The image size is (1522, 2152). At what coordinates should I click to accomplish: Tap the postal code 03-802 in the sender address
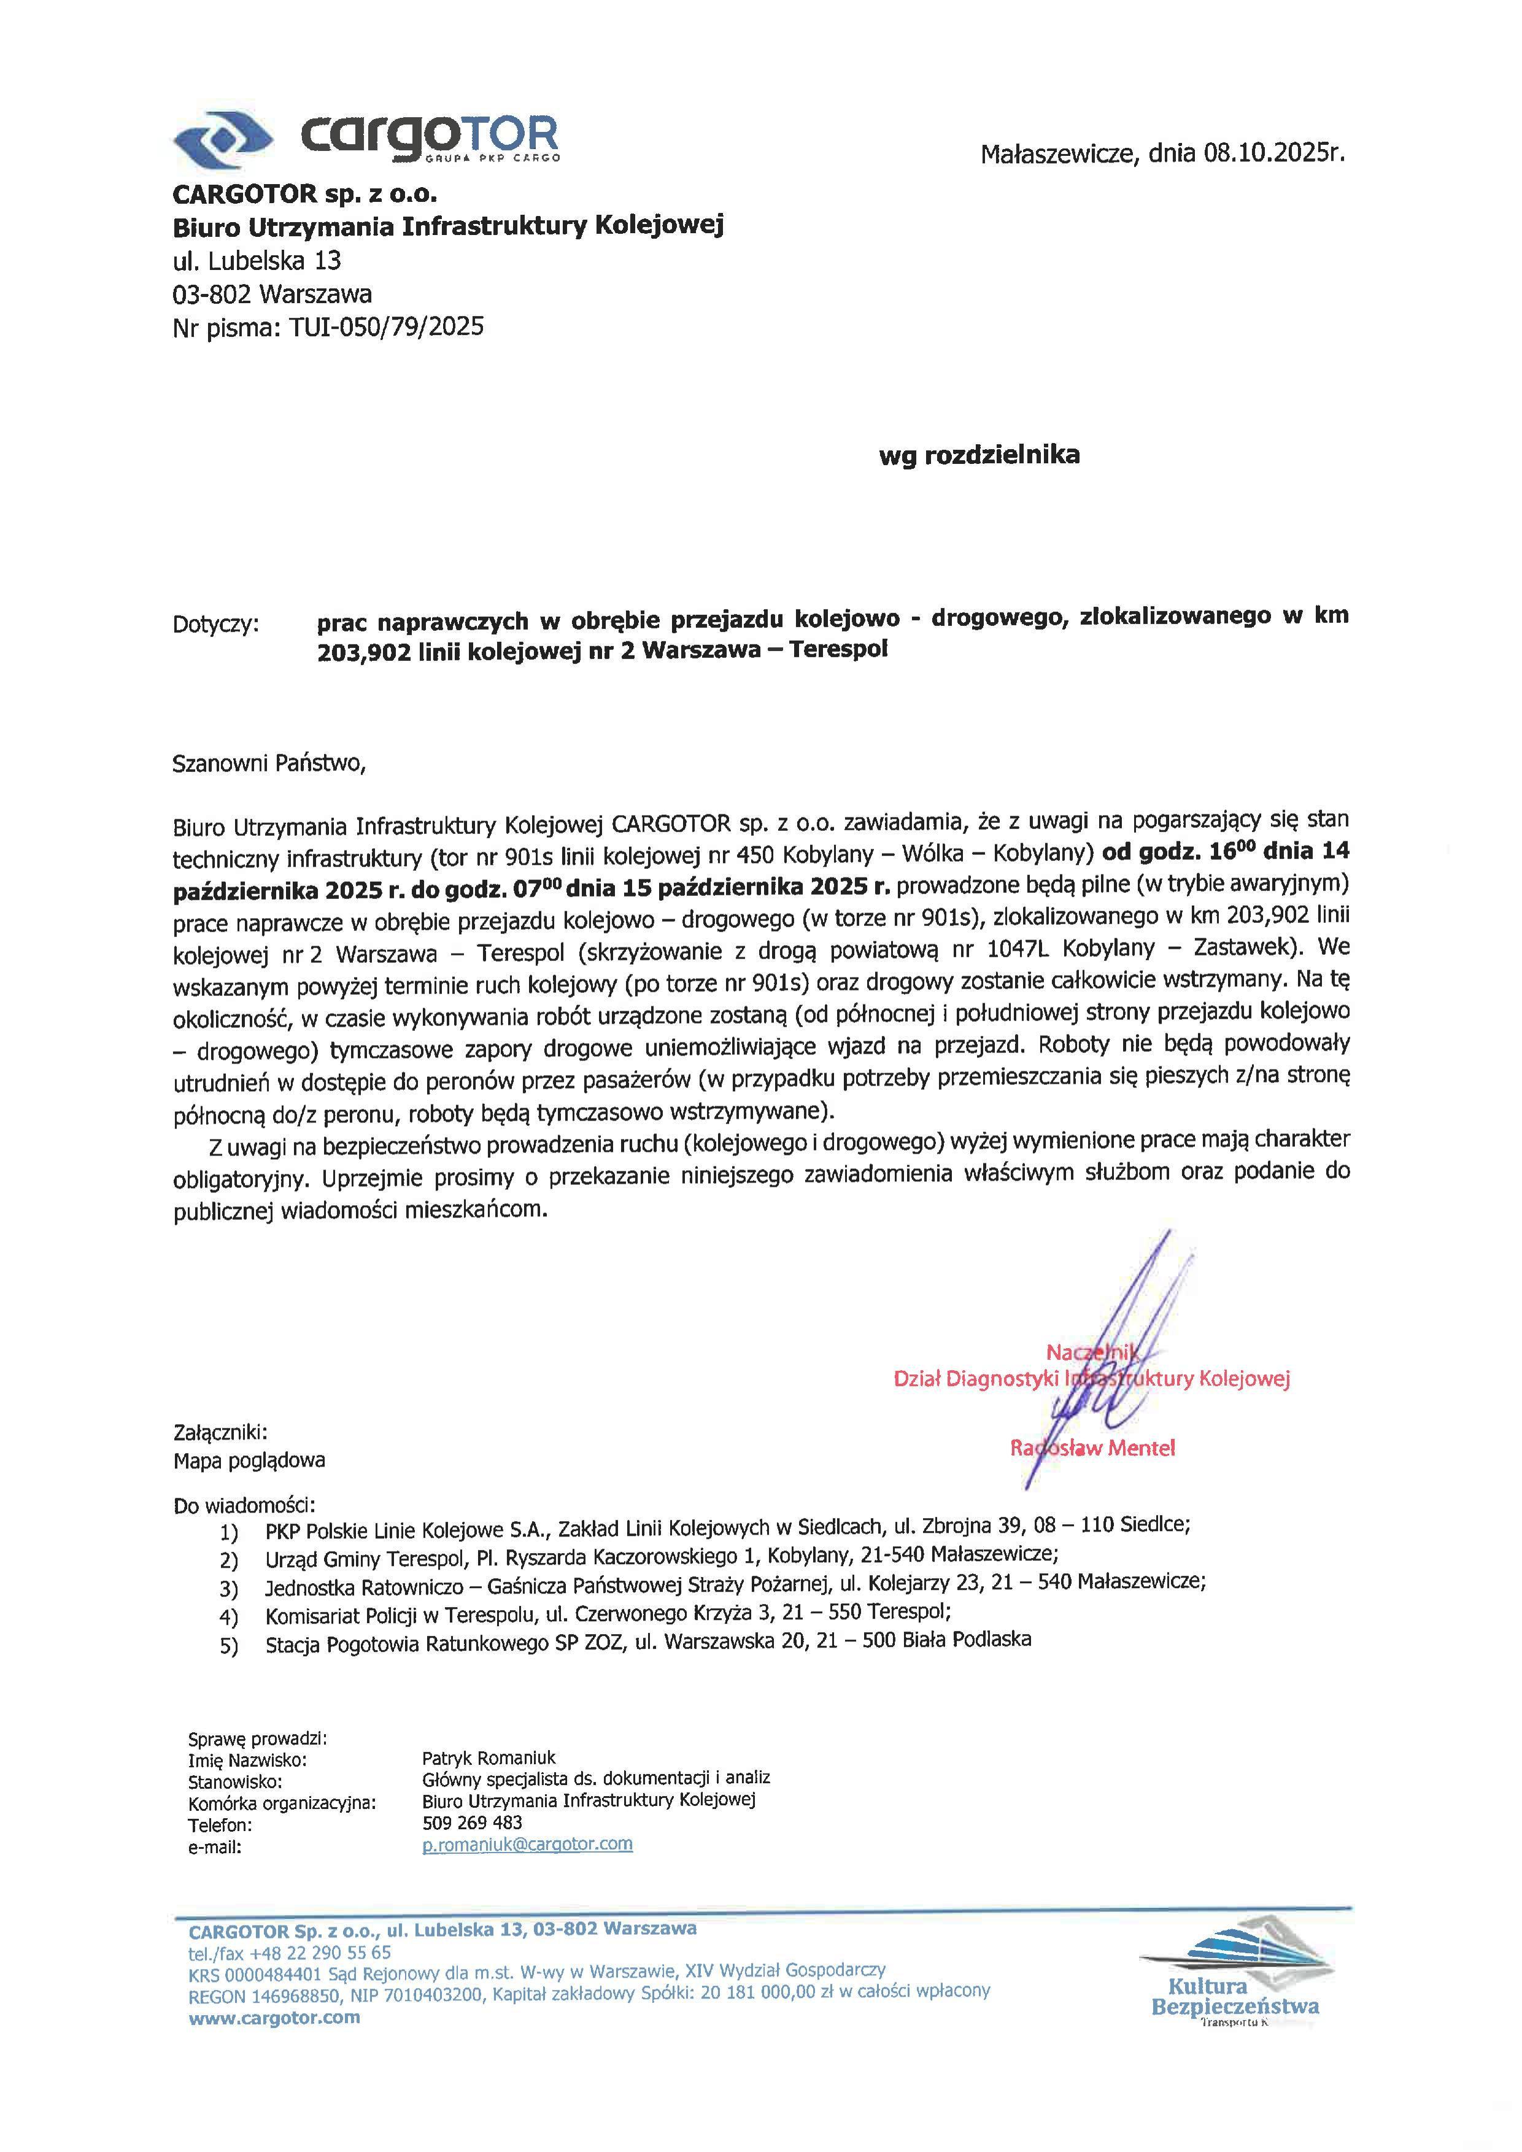212,295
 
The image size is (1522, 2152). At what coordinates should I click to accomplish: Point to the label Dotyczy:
215,624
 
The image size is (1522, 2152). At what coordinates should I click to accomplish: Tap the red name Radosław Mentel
1092,1448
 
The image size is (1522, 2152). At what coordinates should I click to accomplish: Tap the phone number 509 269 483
473,1823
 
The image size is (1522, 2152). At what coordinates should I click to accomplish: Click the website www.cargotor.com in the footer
274,2018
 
